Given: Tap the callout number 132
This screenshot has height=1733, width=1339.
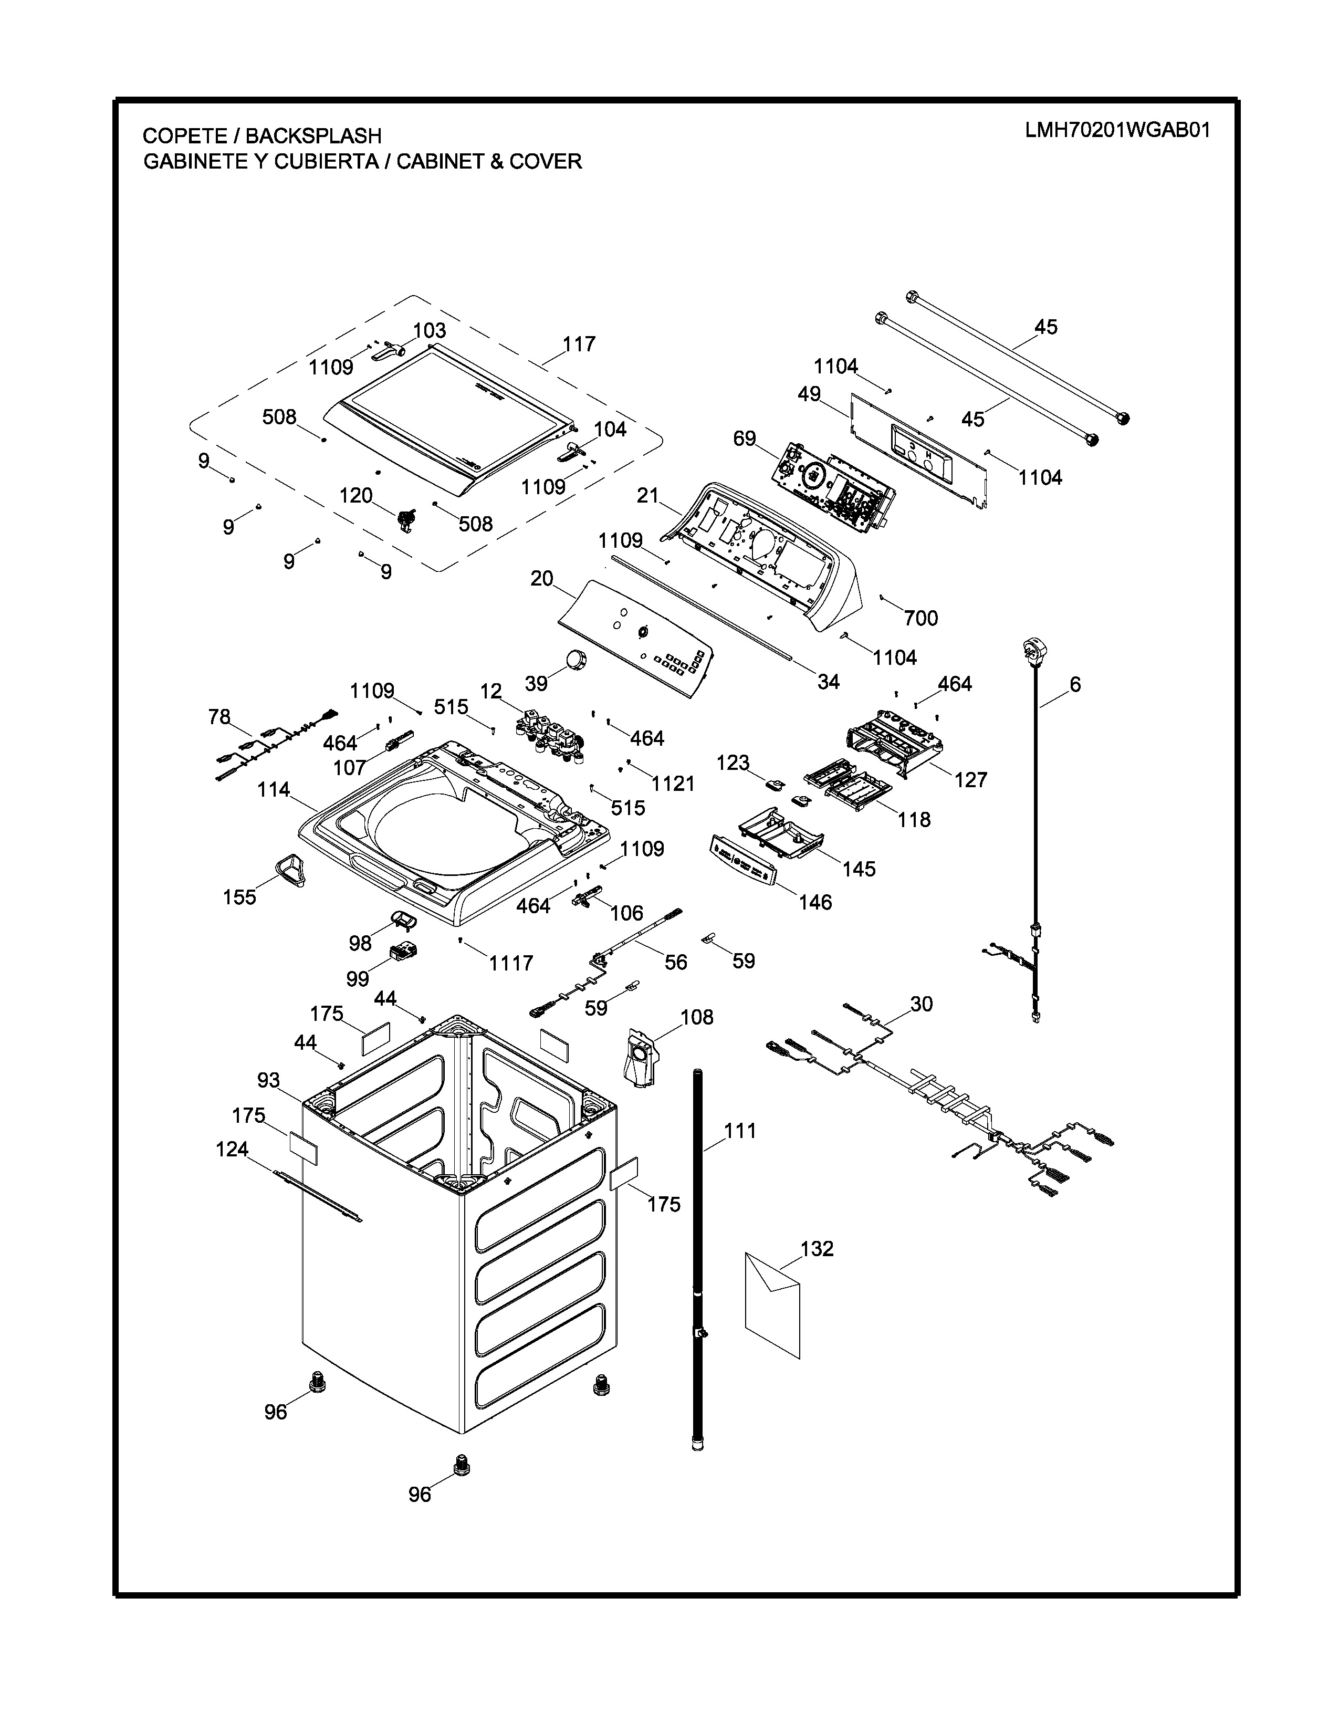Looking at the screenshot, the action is click(817, 1248).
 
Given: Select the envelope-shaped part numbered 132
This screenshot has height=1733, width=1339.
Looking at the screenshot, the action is click(772, 1304).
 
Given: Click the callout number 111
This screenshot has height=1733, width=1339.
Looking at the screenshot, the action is click(740, 1131).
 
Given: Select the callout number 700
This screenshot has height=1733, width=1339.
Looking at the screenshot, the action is click(921, 618).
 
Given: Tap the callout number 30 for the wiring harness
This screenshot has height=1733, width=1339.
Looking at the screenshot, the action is click(921, 1004).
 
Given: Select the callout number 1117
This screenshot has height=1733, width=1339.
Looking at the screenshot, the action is click(511, 963).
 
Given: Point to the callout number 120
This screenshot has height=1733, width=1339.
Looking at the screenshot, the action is click(355, 495).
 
